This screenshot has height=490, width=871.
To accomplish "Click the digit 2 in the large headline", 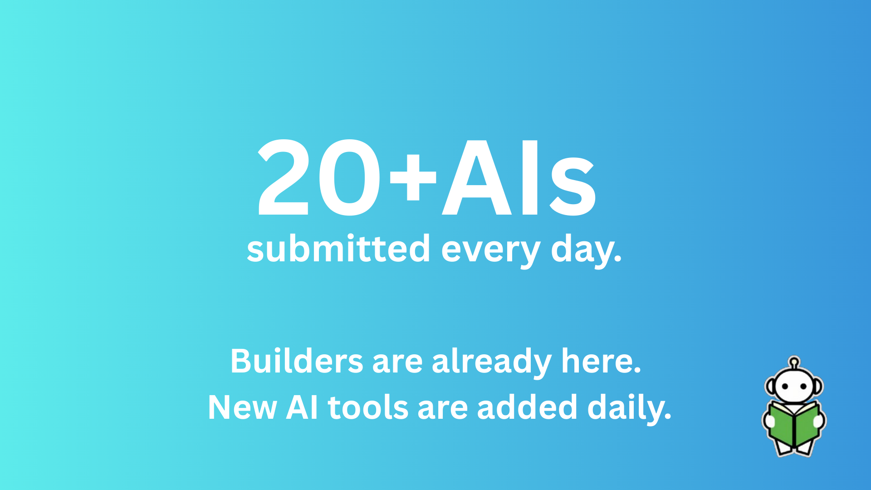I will point(284,178).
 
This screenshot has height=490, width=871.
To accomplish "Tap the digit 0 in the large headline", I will point(349,178).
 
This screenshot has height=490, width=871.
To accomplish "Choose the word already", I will point(492,362).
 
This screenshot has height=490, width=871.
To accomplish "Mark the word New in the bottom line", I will point(242,407).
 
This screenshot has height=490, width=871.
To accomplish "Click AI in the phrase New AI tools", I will point(302,407).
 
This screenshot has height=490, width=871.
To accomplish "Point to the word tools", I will point(368,407).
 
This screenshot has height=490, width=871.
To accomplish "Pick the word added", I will point(527,407).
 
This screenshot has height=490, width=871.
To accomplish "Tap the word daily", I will point(629,407).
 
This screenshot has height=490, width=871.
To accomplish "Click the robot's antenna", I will point(793,363).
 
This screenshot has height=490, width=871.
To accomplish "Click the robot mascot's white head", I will point(794,386).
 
